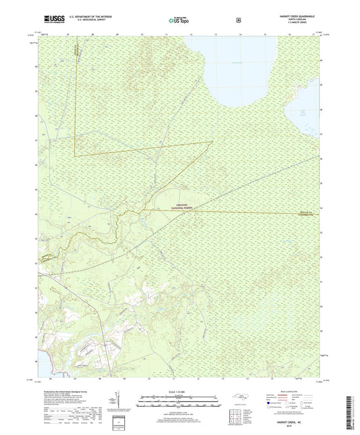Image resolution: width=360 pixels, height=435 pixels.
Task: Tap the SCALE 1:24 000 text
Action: pyautogui.click(x=180, y=386)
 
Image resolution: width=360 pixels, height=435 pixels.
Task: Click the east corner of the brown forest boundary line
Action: pyautogui.click(x=213, y=140)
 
